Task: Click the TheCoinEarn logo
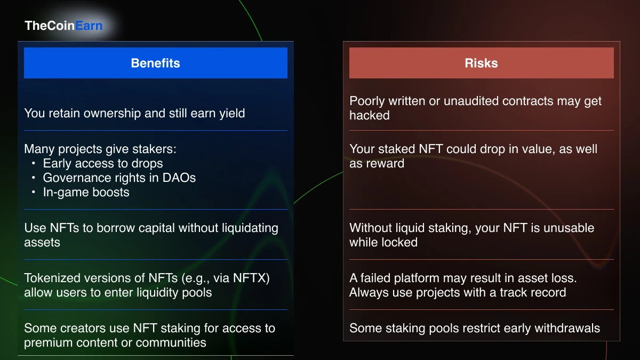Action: pyautogui.click(x=63, y=26)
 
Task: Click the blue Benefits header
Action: pyautogui.click(x=155, y=63)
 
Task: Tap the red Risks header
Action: pyautogui.click(x=481, y=63)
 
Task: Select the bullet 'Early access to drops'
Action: pyautogui.click(x=103, y=164)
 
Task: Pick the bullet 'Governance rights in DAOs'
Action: pyautogui.click(x=119, y=178)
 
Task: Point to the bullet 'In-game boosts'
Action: pyautogui.click(x=86, y=193)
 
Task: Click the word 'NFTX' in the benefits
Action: pyautogui.click(x=254, y=278)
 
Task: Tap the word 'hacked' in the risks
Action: pyautogui.click(x=370, y=116)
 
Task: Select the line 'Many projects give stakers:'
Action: pyautogui.click(x=100, y=149)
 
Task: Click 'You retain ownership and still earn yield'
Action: pyautogui.click(x=134, y=113)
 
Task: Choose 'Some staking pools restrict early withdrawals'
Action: pyautogui.click(x=475, y=329)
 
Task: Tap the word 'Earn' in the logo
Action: pyautogui.click(x=89, y=26)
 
